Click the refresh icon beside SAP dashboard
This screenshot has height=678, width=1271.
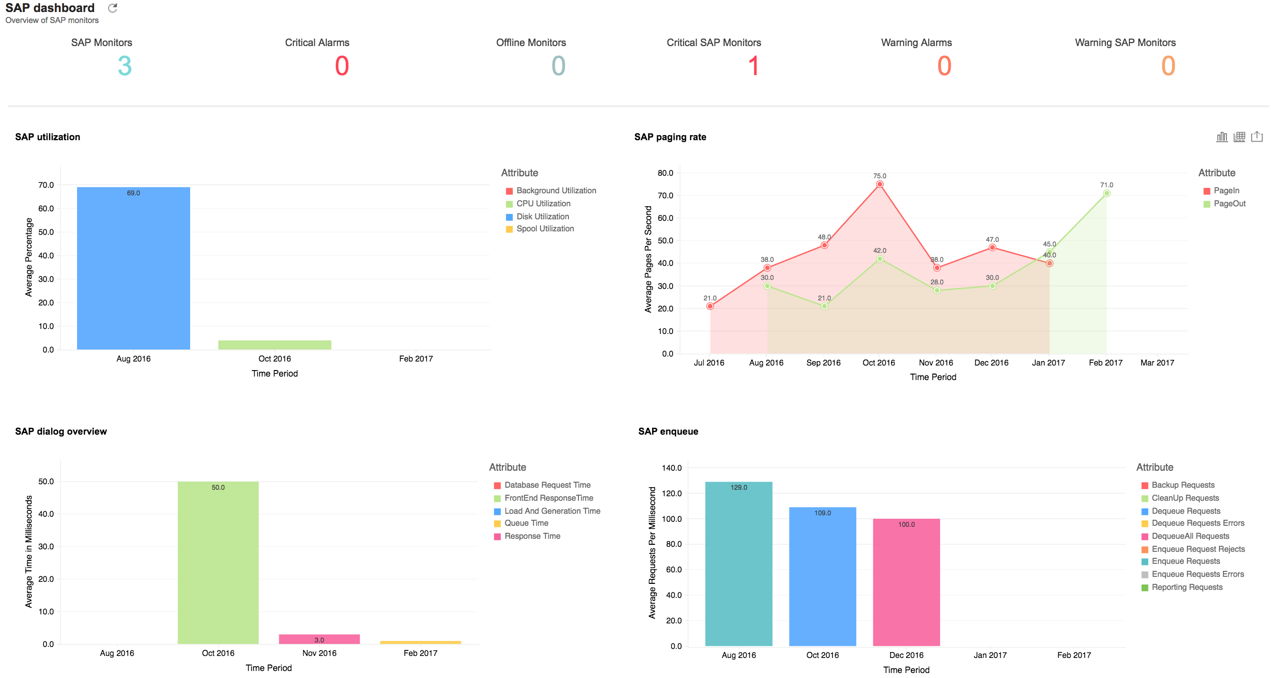pyautogui.click(x=113, y=8)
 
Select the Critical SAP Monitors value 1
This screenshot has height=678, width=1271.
pyautogui.click(x=753, y=66)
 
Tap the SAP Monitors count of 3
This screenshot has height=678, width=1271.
pyautogui.click(x=125, y=66)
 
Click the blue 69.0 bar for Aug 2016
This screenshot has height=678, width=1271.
pyautogui.click(x=134, y=268)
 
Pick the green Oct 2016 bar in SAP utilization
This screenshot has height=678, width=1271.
pyautogui.click(x=275, y=345)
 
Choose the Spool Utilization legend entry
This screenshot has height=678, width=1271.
pyautogui.click(x=545, y=229)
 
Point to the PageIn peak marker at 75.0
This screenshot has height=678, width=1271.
pyautogui.click(x=880, y=184)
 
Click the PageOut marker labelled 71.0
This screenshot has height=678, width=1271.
pyautogui.click(x=1107, y=193)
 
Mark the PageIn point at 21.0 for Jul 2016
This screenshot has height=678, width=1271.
pyautogui.click(x=710, y=306)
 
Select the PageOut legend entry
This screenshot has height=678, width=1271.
pyautogui.click(x=1229, y=204)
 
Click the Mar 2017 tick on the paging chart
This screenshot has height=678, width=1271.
pyautogui.click(x=1157, y=363)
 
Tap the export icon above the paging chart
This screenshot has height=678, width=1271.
pyautogui.click(x=1257, y=137)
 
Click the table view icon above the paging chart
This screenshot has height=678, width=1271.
pyautogui.click(x=1239, y=137)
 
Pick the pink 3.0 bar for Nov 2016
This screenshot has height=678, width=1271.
pyautogui.click(x=319, y=639)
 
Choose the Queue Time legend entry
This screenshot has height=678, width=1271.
pyautogui.click(x=526, y=523)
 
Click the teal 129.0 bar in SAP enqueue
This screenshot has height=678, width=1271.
pyautogui.click(x=739, y=564)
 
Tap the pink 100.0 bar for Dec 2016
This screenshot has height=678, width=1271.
pyautogui.click(x=906, y=582)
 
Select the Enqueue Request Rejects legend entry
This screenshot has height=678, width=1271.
pyautogui.click(x=1198, y=549)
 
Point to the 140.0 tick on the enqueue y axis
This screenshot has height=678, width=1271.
pyautogui.click(x=672, y=468)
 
